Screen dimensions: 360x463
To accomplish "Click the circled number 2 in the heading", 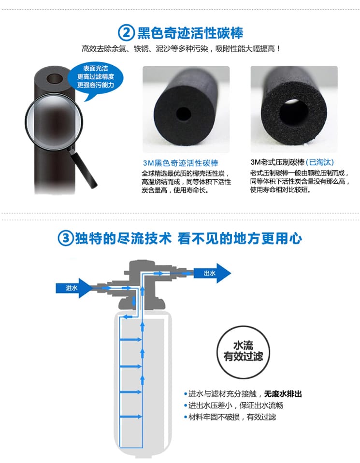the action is coord(126,33).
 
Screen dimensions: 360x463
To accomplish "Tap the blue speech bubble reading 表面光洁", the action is coord(95,78).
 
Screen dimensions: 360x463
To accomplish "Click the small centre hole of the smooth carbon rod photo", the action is coord(184,114).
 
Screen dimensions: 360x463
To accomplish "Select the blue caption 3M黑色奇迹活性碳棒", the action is coord(180,163).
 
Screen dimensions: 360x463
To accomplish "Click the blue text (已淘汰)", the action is coord(320,162).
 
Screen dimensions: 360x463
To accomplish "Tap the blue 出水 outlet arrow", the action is coord(212,273).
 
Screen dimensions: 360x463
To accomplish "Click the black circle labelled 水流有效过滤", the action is coord(244,352).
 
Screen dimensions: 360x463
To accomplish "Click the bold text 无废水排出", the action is coord(283,394).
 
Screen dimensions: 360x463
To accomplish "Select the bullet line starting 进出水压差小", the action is coord(233,405).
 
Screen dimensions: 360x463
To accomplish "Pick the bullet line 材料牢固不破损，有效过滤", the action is coord(230,417).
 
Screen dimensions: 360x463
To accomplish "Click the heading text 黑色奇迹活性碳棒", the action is coord(190,33).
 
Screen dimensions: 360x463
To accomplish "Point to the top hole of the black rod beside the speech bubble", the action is coord(55,79).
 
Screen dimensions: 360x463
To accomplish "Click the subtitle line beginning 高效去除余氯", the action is coord(181,49).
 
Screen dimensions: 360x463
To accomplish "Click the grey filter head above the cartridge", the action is coord(143,284).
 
